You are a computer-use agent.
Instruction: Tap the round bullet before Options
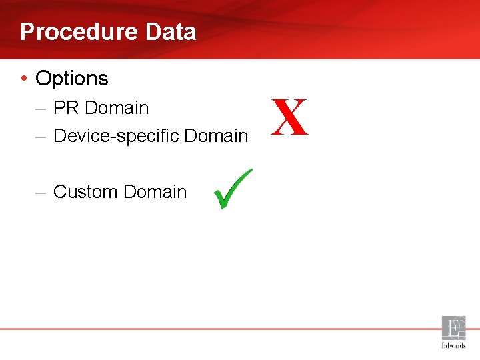point(24,79)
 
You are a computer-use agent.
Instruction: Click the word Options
point(72,79)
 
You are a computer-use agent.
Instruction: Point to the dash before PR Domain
point(41,108)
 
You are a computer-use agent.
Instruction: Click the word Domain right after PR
point(117,107)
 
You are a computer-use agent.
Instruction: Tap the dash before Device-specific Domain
point(41,136)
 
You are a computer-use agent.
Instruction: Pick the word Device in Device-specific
point(75,136)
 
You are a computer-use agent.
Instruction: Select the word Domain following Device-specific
point(216,136)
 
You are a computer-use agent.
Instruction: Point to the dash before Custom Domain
point(41,192)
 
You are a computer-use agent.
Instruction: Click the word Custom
point(85,192)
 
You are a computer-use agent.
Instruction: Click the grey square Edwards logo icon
point(454,328)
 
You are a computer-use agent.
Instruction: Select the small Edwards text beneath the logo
point(454,345)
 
